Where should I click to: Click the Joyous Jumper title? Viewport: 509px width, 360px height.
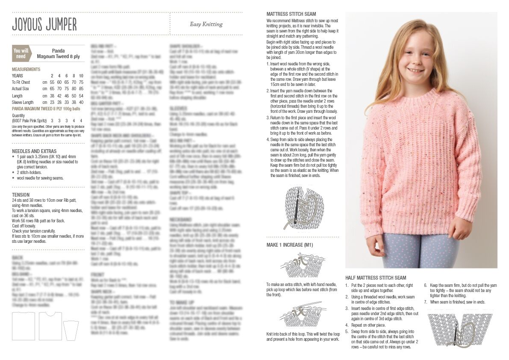pos(44,24)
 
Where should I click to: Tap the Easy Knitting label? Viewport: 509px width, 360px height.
pos(206,24)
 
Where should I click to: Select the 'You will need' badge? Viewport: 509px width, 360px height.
pos(21,53)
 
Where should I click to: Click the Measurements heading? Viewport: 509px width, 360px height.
pos(26,69)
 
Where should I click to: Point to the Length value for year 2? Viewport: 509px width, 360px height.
pos(52,96)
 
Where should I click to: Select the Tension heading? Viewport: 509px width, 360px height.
pos(21,195)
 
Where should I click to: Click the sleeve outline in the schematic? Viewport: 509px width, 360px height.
pos(71,330)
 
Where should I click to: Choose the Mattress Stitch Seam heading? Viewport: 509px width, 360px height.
pos(291,14)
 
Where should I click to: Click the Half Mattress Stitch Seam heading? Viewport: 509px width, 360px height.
pos(376,277)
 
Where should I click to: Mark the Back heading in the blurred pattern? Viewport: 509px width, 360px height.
pos(17,257)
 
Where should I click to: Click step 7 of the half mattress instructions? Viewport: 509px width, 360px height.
pos(455,302)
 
